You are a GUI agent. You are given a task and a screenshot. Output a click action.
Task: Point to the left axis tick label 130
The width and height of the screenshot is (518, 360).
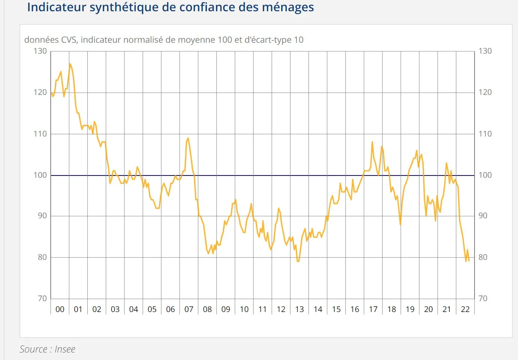[x=40, y=51]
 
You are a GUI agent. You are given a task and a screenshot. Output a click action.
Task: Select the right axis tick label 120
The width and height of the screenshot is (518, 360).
[x=485, y=92]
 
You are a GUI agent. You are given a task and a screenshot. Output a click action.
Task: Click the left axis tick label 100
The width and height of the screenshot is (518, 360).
[x=40, y=175]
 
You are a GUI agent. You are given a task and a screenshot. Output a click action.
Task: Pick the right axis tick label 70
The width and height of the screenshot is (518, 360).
[x=483, y=298]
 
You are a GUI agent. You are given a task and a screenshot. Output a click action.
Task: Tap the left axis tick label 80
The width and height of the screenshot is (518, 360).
[x=42, y=257]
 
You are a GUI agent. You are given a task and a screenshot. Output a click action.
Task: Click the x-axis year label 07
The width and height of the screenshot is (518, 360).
[x=189, y=309]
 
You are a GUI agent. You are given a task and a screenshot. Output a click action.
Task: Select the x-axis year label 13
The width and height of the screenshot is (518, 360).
[x=299, y=309]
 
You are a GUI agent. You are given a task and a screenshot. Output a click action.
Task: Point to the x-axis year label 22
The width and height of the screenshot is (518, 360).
[x=465, y=309]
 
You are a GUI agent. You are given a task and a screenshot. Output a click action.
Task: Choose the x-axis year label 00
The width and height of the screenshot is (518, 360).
[x=60, y=309]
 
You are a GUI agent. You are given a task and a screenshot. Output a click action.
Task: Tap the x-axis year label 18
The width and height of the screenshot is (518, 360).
[x=392, y=309]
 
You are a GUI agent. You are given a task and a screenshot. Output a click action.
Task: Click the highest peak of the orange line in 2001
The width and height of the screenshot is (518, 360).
[x=70, y=64]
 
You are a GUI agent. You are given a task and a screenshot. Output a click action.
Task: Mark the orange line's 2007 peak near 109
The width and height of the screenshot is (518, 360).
[x=188, y=138]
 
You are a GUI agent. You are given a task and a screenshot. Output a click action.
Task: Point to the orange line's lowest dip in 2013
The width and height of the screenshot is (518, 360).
[x=298, y=261]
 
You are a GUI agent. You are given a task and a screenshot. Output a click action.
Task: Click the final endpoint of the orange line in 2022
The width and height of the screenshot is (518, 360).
[x=469, y=261]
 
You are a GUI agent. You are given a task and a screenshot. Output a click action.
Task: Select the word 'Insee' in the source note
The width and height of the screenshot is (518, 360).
[x=65, y=349]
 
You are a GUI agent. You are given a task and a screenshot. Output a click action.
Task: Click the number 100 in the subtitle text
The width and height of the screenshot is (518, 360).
[x=225, y=40]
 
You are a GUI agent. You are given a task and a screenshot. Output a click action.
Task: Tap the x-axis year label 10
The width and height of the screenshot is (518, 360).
[x=244, y=309]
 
